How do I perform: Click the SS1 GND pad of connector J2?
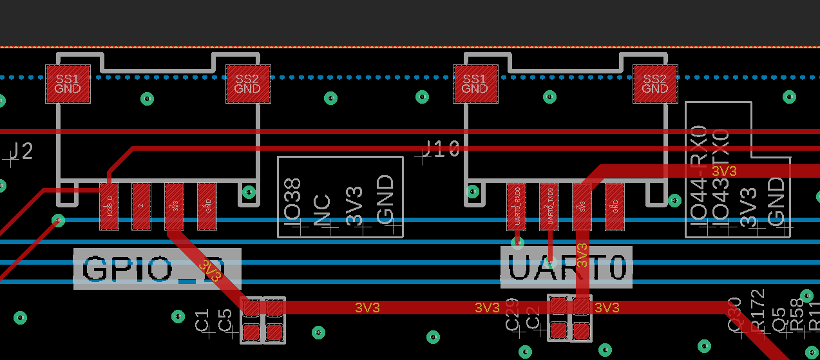click(68, 84)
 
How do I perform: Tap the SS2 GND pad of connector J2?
click(247, 84)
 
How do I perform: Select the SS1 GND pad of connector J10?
click(475, 84)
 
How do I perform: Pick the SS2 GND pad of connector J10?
click(654, 84)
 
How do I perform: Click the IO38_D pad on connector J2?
click(109, 207)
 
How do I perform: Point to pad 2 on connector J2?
click(141, 207)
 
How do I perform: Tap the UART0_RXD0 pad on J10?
click(516, 207)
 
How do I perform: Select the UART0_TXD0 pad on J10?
click(549, 207)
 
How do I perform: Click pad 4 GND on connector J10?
click(615, 207)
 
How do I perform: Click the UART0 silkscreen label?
click(567, 267)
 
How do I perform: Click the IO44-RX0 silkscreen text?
click(699, 174)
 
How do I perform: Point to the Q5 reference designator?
click(779, 318)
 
